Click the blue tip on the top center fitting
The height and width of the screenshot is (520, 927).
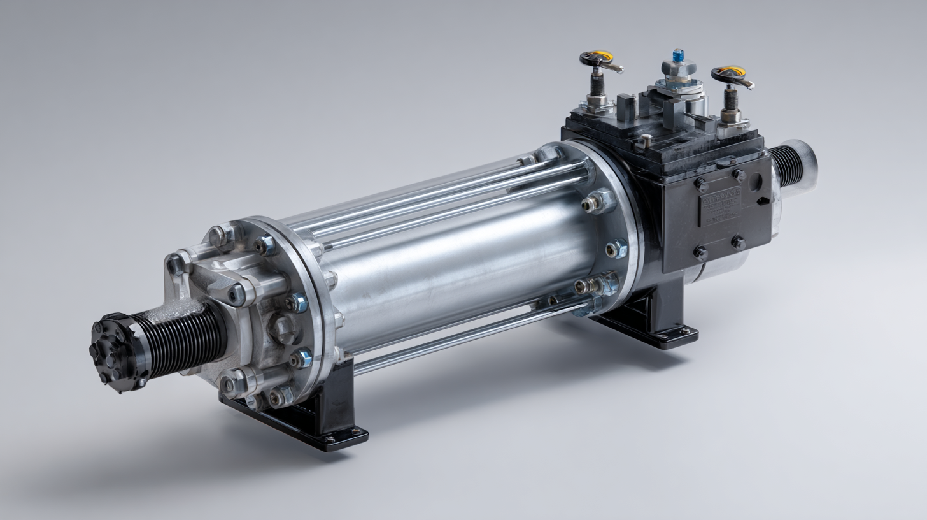677,54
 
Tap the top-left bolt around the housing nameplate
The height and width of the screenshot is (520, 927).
701,185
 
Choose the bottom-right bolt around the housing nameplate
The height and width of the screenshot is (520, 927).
738,242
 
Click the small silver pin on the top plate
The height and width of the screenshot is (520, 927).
646,138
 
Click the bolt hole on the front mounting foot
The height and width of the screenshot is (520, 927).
330,438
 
